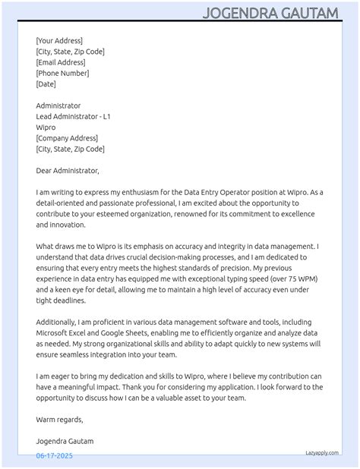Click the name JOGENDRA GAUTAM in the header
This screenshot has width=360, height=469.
point(280,14)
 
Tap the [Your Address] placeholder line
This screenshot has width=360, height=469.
point(59,41)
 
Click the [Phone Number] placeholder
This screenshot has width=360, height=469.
point(62,73)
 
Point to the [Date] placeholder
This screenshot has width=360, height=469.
point(46,84)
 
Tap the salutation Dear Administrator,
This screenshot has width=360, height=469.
point(68,171)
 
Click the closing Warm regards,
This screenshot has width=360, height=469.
point(59,419)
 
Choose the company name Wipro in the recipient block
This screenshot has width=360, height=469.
point(46,127)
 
